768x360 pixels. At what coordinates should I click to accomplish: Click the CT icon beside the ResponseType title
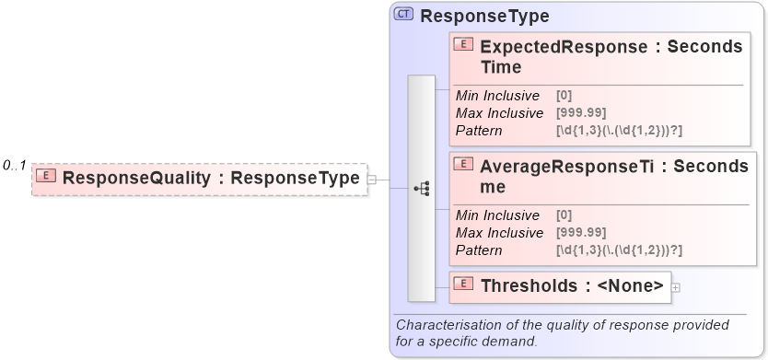[403, 15]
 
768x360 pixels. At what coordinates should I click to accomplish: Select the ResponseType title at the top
[484, 16]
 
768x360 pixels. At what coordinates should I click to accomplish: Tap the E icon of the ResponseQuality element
[46, 177]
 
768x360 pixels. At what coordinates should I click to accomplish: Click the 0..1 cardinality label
[14, 166]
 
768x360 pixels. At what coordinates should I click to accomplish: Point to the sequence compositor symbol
[422, 188]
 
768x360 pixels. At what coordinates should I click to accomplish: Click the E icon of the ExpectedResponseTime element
[465, 45]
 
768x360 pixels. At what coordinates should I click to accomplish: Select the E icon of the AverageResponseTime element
[465, 165]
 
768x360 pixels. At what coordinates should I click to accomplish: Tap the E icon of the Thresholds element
[465, 285]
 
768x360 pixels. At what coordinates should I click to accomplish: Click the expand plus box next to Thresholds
[676, 287]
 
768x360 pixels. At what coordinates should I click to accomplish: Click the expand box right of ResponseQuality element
[372, 179]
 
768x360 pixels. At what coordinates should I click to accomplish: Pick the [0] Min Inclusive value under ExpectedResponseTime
[564, 96]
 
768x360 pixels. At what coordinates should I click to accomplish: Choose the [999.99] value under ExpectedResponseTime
[581, 113]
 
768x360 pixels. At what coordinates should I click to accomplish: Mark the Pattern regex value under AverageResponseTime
[619, 250]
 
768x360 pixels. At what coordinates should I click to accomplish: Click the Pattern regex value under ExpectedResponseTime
[619, 131]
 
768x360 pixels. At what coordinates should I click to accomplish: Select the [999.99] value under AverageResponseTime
[581, 233]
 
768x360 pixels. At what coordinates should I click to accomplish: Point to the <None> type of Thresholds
[630, 286]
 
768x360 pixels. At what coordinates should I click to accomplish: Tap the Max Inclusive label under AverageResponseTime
[499, 233]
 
